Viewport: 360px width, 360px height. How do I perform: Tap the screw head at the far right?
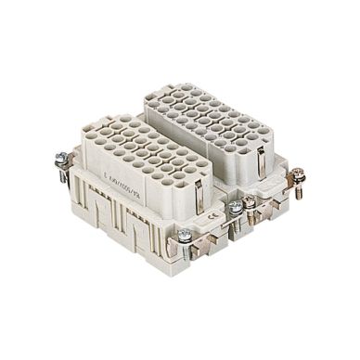click(300, 174)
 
